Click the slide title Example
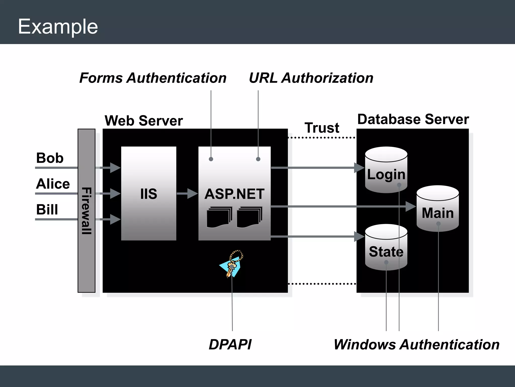pyautogui.click(x=58, y=26)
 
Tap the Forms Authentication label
pyautogui.click(x=153, y=78)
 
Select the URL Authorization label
pyautogui.click(x=311, y=78)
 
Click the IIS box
pyautogui.click(x=149, y=193)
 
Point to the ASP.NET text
pyautogui.click(x=234, y=194)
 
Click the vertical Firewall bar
pyautogui.click(x=87, y=211)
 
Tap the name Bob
pyautogui.click(x=50, y=158)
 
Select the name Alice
pyautogui.click(x=53, y=184)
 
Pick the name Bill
pyautogui.click(x=47, y=210)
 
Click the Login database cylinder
pyautogui.click(x=386, y=170)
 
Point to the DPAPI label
pyautogui.click(x=230, y=344)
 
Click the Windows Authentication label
pyautogui.click(x=416, y=344)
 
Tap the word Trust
pyautogui.click(x=322, y=128)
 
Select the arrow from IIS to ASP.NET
pyautogui.click(x=187, y=193)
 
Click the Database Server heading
pyautogui.click(x=413, y=119)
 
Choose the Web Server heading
pyautogui.click(x=144, y=121)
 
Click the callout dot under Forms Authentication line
pyautogui.click(x=211, y=159)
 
